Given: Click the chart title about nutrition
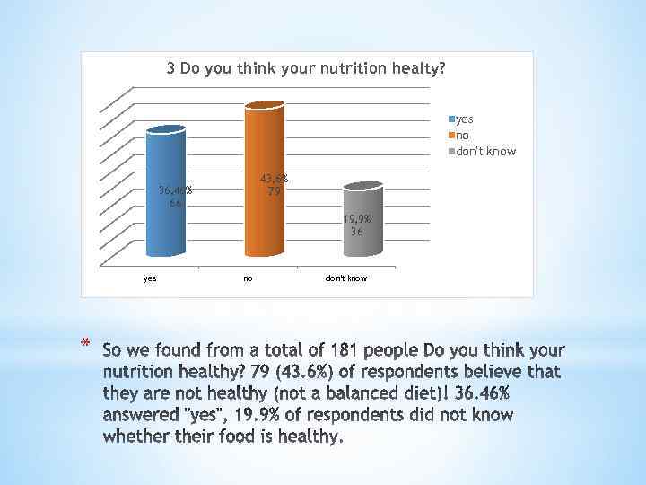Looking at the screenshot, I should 306,68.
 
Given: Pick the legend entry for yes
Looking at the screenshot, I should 464,119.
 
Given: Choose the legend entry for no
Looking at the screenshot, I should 462,135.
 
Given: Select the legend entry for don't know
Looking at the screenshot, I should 485,151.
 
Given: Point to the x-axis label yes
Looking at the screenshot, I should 150,278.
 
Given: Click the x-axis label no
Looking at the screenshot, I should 248,278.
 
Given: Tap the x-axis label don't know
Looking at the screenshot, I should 345,278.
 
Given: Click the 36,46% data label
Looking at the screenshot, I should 175,190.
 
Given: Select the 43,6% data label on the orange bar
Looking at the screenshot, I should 274,179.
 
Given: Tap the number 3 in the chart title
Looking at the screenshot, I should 170,68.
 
